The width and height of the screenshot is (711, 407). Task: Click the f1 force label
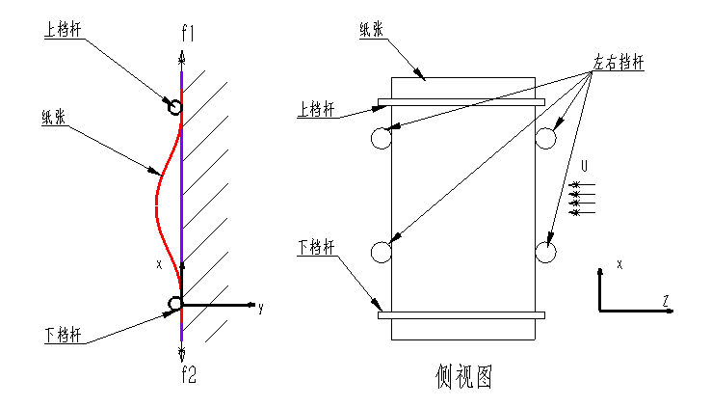coord(189,33)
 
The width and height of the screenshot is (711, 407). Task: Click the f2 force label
coord(188,375)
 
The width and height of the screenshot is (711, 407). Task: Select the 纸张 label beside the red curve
coord(54,119)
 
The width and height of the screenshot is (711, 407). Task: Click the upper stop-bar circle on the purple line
coord(174,106)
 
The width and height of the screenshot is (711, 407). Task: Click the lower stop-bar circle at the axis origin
coord(175,304)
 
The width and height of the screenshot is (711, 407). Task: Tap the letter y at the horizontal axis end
coord(260,308)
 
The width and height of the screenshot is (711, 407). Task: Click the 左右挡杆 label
coord(618,64)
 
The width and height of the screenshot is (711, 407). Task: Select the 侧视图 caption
coord(463,375)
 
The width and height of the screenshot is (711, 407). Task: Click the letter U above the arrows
coord(583,167)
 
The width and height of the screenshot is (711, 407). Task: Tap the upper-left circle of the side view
coord(380,139)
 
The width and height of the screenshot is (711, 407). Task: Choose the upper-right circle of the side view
coord(546,139)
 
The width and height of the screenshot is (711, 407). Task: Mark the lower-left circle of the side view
coord(380,253)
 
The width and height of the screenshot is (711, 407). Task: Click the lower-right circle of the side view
coord(546,253)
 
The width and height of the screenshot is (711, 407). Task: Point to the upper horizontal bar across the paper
coord(461,101)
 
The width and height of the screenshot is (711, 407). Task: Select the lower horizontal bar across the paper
coord(461,314)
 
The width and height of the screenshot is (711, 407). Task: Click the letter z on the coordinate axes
coord(666,301)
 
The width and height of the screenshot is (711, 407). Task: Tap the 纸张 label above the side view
coord(372,30)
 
